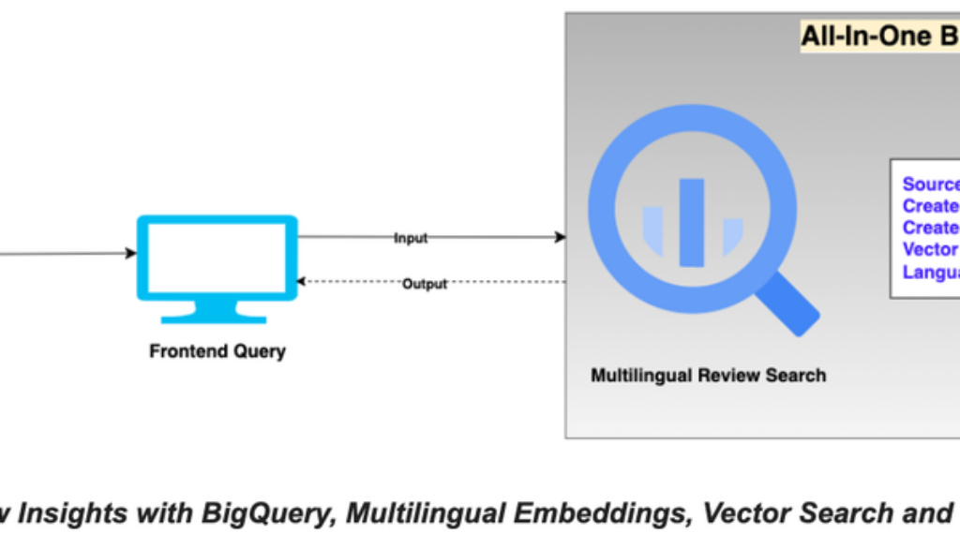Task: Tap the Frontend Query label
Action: click(x=217, y=352)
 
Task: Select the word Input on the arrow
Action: click(x=411, y=238)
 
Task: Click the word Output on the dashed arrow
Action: click(x=424, y=284)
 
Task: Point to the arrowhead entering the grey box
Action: click(x=561, y=237)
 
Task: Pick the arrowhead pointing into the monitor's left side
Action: click(x=131, y=253)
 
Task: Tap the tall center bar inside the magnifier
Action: click(x=692, y=222)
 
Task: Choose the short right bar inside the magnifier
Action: click(x=732, y=235)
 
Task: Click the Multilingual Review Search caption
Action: click(x=708, y=376)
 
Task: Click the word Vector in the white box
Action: click(x=929, y=249)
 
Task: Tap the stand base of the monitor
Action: click(x=217, y=316)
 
